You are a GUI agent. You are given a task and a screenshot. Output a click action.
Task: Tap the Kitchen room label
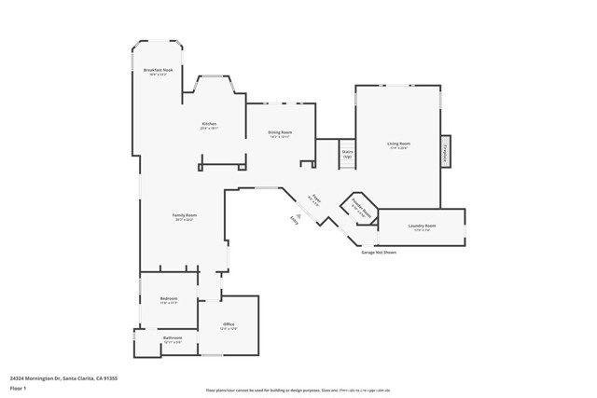point(209,125)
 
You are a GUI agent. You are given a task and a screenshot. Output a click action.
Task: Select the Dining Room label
point(281,133)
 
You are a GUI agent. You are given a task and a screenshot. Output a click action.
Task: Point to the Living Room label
point(399,144)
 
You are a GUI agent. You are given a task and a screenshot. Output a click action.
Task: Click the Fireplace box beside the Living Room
point(446,151)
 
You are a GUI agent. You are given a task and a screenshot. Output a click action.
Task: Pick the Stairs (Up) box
point(347,153)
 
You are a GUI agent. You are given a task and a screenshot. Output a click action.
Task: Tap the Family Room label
point(185,215)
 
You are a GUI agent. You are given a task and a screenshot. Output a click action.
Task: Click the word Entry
point(294,220)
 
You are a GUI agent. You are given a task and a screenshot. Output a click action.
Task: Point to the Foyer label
point(316,197)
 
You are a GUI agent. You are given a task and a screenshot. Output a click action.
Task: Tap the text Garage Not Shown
point(378,252)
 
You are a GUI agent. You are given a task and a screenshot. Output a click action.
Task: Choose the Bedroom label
point(168,298)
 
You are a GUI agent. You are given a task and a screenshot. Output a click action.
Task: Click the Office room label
point(229,324)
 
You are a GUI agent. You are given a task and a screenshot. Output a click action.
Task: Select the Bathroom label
point(173,337)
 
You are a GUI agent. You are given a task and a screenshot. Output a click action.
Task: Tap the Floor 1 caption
point(18,388)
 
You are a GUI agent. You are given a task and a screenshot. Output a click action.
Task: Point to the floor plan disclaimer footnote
point(298,390)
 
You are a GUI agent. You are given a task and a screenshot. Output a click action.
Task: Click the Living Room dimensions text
point(399,147)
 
